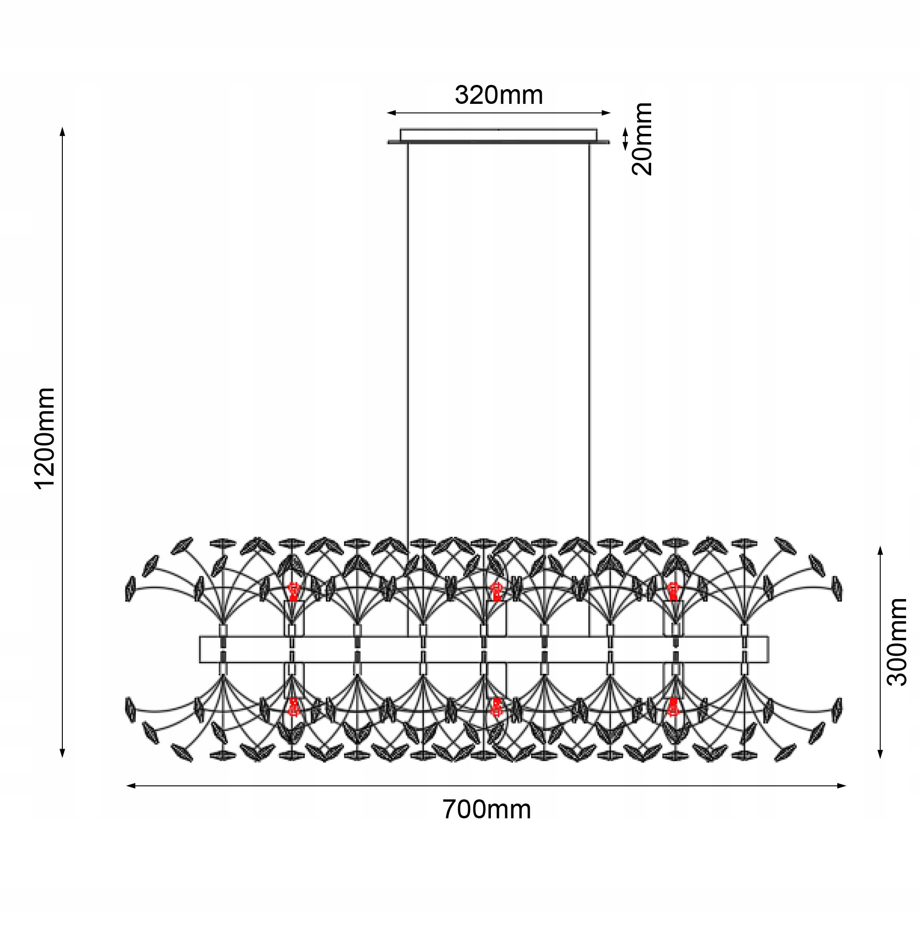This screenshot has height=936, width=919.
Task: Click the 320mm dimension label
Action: point(499,95)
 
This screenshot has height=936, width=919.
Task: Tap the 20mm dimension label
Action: point(642,139)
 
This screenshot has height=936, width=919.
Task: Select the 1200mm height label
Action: point(45,438)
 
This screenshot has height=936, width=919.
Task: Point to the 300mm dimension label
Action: point(897,642)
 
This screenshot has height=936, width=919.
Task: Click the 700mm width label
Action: point(487,810)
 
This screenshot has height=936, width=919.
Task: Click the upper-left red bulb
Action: point(293,591)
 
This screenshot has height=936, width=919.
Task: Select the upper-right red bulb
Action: point(673,591)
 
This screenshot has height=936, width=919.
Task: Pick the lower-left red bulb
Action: point(293,707)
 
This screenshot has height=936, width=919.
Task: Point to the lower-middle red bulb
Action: point(496,707)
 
